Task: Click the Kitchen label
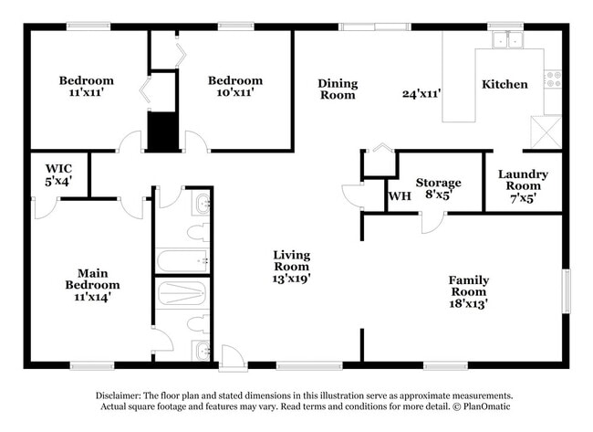[505, 84]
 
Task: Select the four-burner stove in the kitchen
[553, 79]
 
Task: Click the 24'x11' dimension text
[421, 92]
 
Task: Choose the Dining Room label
[338, 90]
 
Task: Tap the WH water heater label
[398, 195]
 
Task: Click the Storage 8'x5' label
[438, 188]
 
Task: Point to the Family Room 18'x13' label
[468, 291]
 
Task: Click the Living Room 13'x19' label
[292, 267]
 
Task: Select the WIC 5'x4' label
[59, 174]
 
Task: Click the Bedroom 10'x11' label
[234, 86]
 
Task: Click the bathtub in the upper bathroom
[182, 261]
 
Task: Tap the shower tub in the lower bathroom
[182, 294]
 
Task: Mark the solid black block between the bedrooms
[161, 132]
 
